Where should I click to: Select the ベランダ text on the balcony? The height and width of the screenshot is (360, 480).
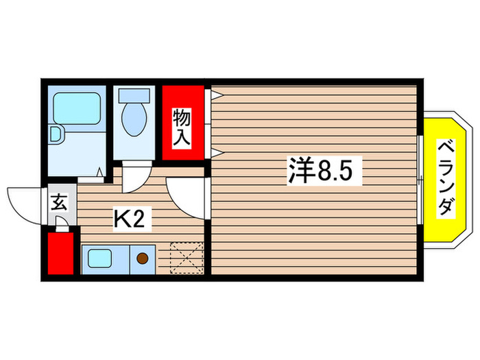pos(445,178)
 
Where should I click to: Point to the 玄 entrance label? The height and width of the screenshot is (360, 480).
pos(58,204)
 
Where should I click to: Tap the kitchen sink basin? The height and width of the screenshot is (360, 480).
pos(101,259)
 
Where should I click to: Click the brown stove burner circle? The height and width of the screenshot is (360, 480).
pos(143,259)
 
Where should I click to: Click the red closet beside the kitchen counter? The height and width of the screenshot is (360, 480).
pos(58,253)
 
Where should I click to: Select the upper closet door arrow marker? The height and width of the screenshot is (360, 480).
pos(215,95)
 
